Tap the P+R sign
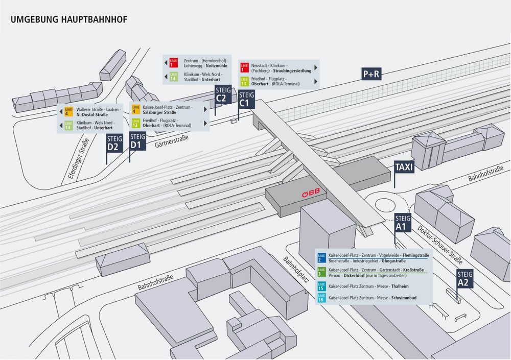[371, 74]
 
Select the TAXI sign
[404, 166]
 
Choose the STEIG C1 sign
[246, 99]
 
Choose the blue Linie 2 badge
[321, 257]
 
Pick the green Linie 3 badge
[321, 272]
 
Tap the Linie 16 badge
[321, 297]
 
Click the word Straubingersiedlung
[288, 70]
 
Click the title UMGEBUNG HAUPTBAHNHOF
[68, 19]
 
